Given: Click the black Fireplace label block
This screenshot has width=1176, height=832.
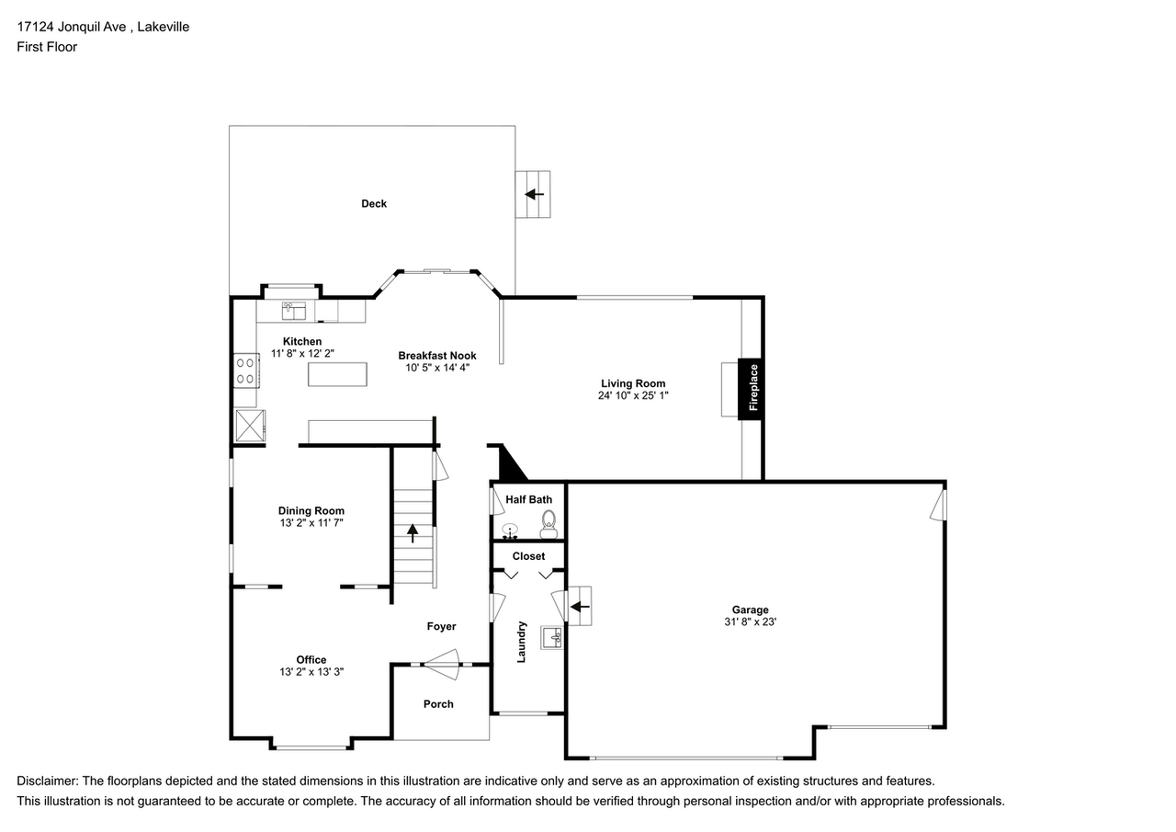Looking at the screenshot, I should coord(751,388).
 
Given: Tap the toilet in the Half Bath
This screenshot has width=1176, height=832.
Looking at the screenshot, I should coord(548,527).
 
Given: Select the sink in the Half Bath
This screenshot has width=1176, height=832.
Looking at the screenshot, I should coord(510,530).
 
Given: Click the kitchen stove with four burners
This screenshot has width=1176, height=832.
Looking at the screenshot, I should coord(245,370).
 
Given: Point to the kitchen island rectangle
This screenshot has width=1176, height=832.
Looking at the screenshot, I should coord(337,374).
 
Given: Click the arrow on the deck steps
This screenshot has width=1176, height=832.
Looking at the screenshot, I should coord(534,194).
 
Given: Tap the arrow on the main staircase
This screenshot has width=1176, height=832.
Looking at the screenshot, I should coord(413,533).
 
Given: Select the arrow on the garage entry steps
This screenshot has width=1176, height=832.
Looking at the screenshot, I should coord(580,607).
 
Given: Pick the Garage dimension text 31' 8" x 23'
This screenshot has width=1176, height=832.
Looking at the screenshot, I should coord(750,621).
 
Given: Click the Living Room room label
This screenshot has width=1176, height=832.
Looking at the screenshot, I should coord(633,383).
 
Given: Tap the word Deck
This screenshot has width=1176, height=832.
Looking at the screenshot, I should coord(374,203).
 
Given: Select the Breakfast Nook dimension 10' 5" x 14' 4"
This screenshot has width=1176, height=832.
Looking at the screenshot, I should coord(437,368).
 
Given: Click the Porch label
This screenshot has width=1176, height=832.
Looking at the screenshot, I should coord(438,704).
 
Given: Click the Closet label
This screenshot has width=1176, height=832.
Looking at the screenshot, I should coord(528,556).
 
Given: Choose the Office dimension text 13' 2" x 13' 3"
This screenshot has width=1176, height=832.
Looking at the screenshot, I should coord(311,672).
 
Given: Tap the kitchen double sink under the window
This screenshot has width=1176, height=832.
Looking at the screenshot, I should coord(295,311).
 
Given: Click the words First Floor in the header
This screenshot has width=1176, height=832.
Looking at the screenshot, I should coord(47,46).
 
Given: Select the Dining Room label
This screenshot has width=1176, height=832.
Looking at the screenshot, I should coord(311,511).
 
